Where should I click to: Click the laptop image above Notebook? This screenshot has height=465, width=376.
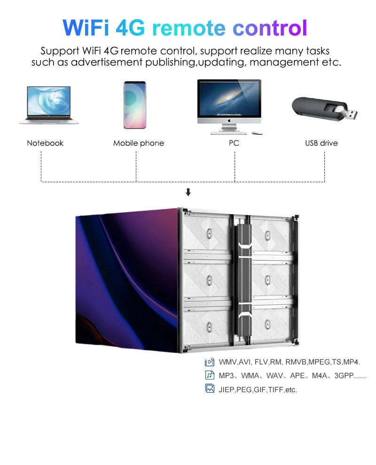[46, 105]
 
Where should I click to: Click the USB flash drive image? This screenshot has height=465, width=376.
[324, 109]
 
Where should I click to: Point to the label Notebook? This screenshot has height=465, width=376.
[45, 143]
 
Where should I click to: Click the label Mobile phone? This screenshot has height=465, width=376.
[139, 143]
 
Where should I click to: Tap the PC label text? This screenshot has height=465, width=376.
[234, 143]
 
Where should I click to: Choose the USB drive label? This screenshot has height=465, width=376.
[321, 143]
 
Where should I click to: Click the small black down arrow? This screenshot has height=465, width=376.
[188, 192]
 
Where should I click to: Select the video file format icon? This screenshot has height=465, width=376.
[210, 362]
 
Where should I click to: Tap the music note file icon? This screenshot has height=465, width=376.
[210, 375]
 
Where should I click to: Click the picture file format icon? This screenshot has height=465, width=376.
[210, 389]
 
